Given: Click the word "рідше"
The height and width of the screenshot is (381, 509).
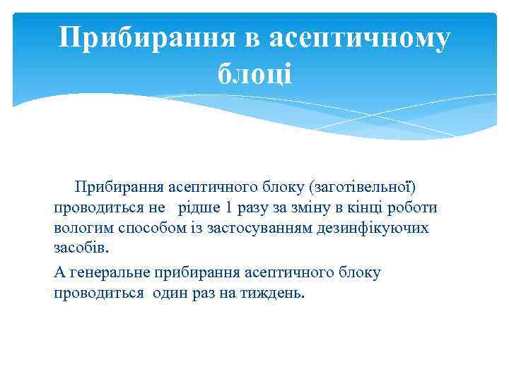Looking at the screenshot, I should coord(199,208).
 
